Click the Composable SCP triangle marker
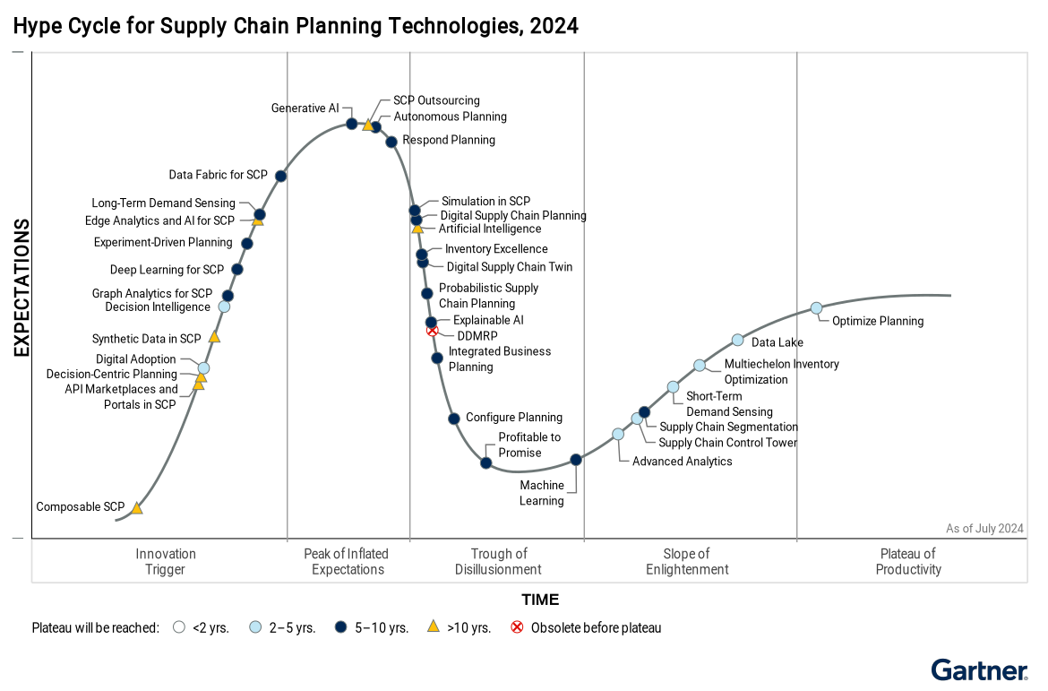(x=137, y=508)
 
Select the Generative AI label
(x=305, y=108)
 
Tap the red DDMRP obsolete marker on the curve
(x=433, y=331)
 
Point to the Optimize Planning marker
(x=816, y=308)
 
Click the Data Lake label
(x=777, y=342)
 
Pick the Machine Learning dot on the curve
(x=576, y=460)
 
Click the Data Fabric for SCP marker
(x=280, y=176)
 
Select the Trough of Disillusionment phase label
(x=498, y=561)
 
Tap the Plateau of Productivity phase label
(x=908, y=561)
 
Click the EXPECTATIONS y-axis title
(x=21, y=289)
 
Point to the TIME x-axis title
(x=540, y=600)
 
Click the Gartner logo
(x=979, y=670)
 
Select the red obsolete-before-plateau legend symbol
(x=517, y=627)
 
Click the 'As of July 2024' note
(x=984, y=529)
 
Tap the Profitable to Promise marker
(x=485, y=462)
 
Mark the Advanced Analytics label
(x=682, y=462)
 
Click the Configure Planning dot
(x=454, y=419)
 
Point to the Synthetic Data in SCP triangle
(x=214, y=337)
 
